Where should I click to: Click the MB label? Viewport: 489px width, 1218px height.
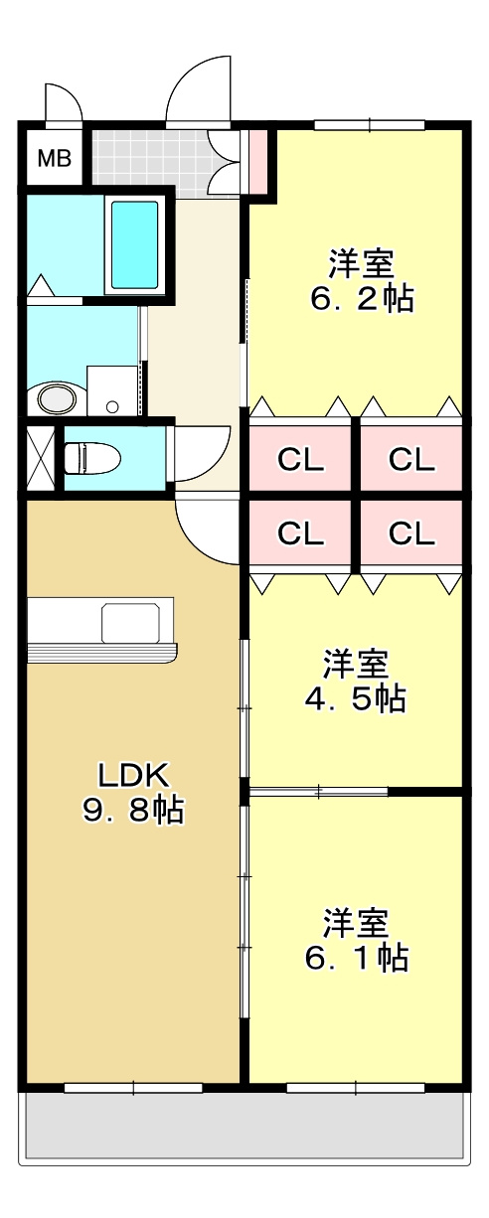click(x=54, y=158)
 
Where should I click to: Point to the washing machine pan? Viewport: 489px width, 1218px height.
click(x=113, y=389)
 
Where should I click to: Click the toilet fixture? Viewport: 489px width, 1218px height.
click(x=92, y=459)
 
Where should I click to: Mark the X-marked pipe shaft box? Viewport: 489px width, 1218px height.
click(x=41, y=457)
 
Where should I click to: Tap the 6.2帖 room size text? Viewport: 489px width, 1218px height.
click(x=361, y=298)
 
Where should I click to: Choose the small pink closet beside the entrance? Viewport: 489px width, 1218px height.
click(x=257, y=162)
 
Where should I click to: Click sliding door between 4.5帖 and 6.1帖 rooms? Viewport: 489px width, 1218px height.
click(x=318, y=791)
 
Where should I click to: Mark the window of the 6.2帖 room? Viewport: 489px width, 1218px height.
click(x=370, y=125)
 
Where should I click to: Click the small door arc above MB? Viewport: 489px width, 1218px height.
click(x=62, y=103)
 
